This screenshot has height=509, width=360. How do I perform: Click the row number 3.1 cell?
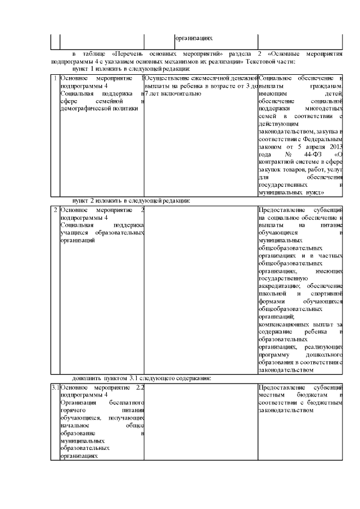[55, 388]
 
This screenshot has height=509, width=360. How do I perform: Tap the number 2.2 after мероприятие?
[140, 388]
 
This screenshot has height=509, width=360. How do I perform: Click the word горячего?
[73, 411]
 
